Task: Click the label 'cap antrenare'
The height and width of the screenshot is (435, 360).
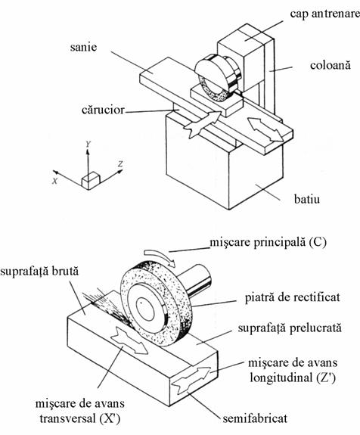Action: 324,14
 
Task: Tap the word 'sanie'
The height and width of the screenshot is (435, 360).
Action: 83,47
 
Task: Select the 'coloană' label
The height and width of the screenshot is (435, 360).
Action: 331,65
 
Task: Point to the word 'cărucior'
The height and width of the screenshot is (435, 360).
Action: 103,110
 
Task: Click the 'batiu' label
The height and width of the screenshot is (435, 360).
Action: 307,199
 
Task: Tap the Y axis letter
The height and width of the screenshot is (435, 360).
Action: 88,144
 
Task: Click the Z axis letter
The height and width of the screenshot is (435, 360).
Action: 120,164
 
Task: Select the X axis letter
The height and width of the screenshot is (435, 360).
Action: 55,181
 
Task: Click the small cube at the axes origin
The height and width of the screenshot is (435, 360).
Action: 91,181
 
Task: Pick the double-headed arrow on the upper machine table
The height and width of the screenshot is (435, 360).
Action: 265,129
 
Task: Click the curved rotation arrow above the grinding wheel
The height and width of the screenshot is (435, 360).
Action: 160,256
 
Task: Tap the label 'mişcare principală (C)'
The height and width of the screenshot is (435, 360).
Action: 268,243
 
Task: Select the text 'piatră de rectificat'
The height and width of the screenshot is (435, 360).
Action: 293,297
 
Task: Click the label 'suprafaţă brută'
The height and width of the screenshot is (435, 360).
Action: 39,271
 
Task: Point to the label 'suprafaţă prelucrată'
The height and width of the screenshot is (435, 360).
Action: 290,328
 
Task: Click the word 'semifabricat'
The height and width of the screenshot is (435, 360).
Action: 255,418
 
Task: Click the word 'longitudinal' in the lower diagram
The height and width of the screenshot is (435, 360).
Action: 280,378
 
